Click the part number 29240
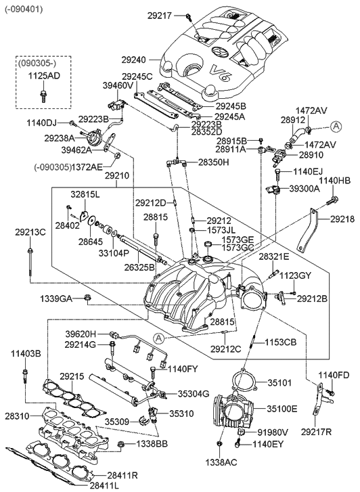(135, 60)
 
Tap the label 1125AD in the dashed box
(44, 76)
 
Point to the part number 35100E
(282, 409)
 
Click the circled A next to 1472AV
(337, 125)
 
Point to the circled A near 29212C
(158, 338)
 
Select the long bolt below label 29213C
(30, 261)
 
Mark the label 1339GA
(55, 297)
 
